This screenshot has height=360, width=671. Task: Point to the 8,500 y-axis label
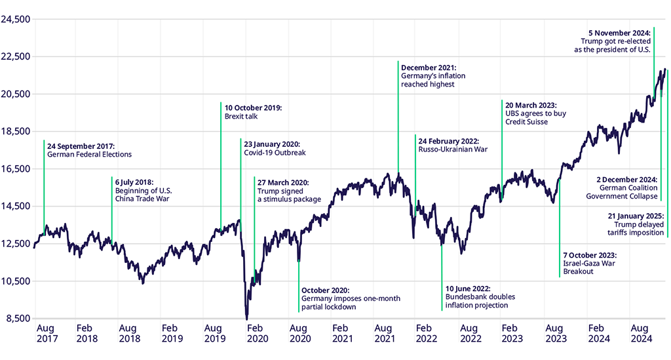click(17, 319)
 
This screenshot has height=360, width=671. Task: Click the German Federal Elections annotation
click(89, 155)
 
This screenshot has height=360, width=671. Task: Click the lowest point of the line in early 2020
click(247, 319)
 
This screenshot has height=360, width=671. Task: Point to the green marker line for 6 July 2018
click(112, 210)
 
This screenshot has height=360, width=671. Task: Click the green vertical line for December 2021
click(398, 118)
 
